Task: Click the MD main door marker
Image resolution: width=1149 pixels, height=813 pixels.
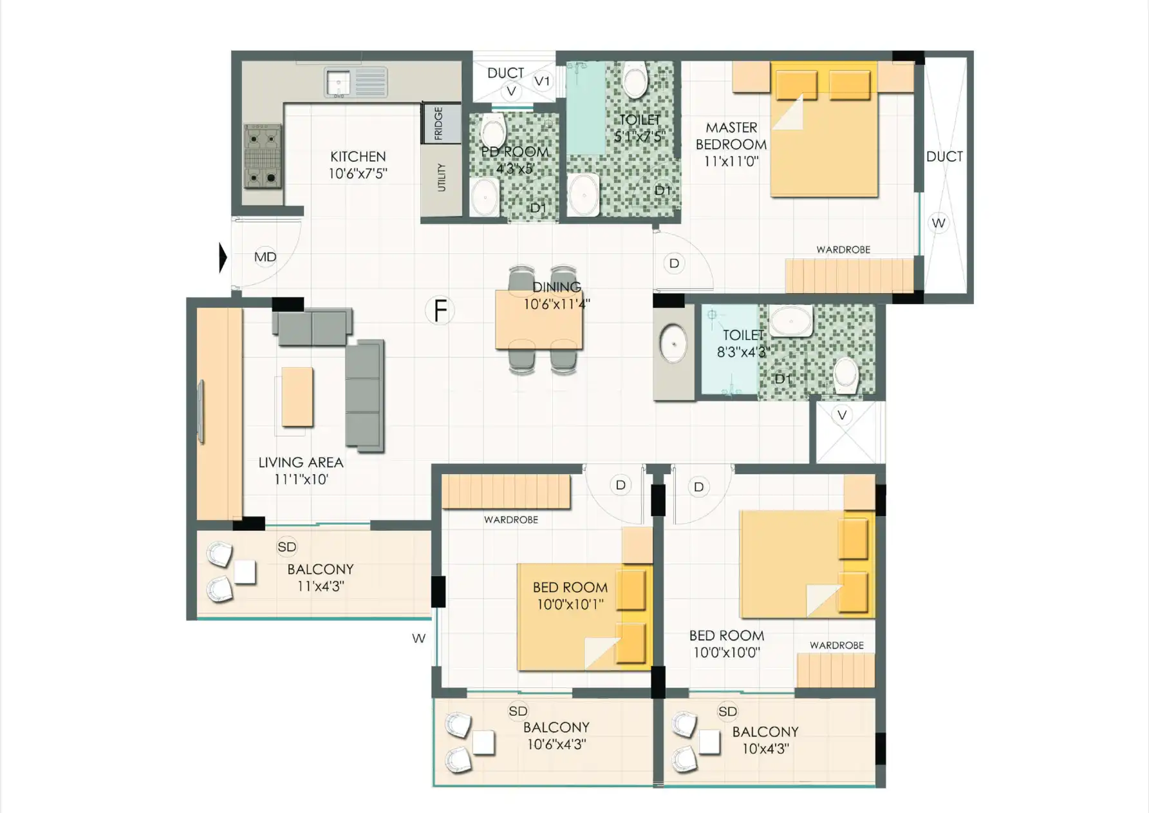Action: (265, 257)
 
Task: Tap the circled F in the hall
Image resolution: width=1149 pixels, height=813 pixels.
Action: (440, 311)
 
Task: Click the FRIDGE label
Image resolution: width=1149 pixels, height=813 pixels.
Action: (438, 123)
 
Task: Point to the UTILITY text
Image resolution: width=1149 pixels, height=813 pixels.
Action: (442, 177)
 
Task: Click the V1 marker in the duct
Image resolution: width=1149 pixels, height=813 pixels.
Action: (542, 81)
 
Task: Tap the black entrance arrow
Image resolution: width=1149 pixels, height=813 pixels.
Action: (223, 258)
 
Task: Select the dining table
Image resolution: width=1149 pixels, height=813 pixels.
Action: (539, 320)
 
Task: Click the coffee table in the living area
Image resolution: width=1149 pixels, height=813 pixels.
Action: (297, 397)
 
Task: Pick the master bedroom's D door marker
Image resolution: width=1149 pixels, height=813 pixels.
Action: (674, 263)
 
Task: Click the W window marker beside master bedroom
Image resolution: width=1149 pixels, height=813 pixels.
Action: (939, 223)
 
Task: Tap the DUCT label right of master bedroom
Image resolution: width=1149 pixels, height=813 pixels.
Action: (944, 157)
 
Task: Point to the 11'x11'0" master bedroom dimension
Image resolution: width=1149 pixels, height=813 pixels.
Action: (731, 161)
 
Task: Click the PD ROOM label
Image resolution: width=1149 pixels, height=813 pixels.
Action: (515, 152)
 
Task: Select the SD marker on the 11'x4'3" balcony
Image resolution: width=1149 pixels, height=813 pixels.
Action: (287, 547)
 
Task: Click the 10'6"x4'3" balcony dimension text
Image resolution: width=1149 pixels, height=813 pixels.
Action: (556, 744)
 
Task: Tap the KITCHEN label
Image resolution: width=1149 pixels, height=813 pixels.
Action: (358, 157)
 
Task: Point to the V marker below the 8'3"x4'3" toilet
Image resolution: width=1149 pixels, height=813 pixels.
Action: (842, 415)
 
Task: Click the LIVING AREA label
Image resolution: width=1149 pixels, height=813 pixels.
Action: (301, 463)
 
